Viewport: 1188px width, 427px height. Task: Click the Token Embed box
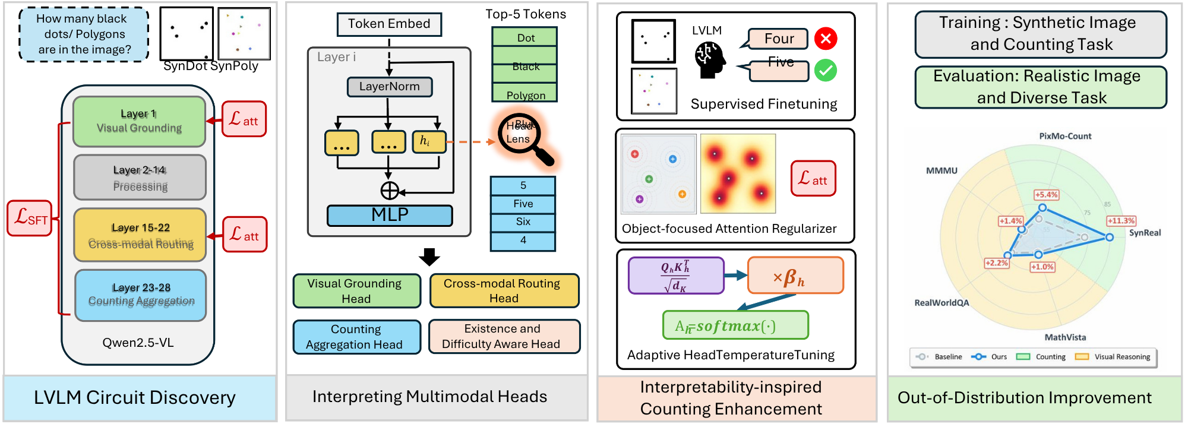pos(389,24)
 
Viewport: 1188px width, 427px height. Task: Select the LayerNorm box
pos(389,87)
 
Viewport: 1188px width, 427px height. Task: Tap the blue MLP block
pos(390,215)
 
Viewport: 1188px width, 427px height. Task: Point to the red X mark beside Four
pos(826,39)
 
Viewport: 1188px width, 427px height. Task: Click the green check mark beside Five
pos(826,71)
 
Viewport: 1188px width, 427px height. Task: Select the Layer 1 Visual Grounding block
pos(139,121)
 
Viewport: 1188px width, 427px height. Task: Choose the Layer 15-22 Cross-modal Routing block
pos(140,235)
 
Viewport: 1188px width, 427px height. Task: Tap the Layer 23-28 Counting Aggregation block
pos(141,295)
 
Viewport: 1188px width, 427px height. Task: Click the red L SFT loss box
pos(30,218)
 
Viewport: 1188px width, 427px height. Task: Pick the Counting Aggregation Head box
pos(356,337)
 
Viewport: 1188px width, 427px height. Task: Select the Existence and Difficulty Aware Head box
pos(504,337)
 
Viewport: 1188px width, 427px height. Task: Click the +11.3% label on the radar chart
pos(1121,221)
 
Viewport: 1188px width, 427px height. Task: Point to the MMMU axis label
pos(941,171)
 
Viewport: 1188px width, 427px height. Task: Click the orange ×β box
pos(795,276)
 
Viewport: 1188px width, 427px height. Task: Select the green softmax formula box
pos(735,325)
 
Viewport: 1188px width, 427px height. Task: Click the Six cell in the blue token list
pos(523,222)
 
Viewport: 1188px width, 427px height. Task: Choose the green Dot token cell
pos(525,37)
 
